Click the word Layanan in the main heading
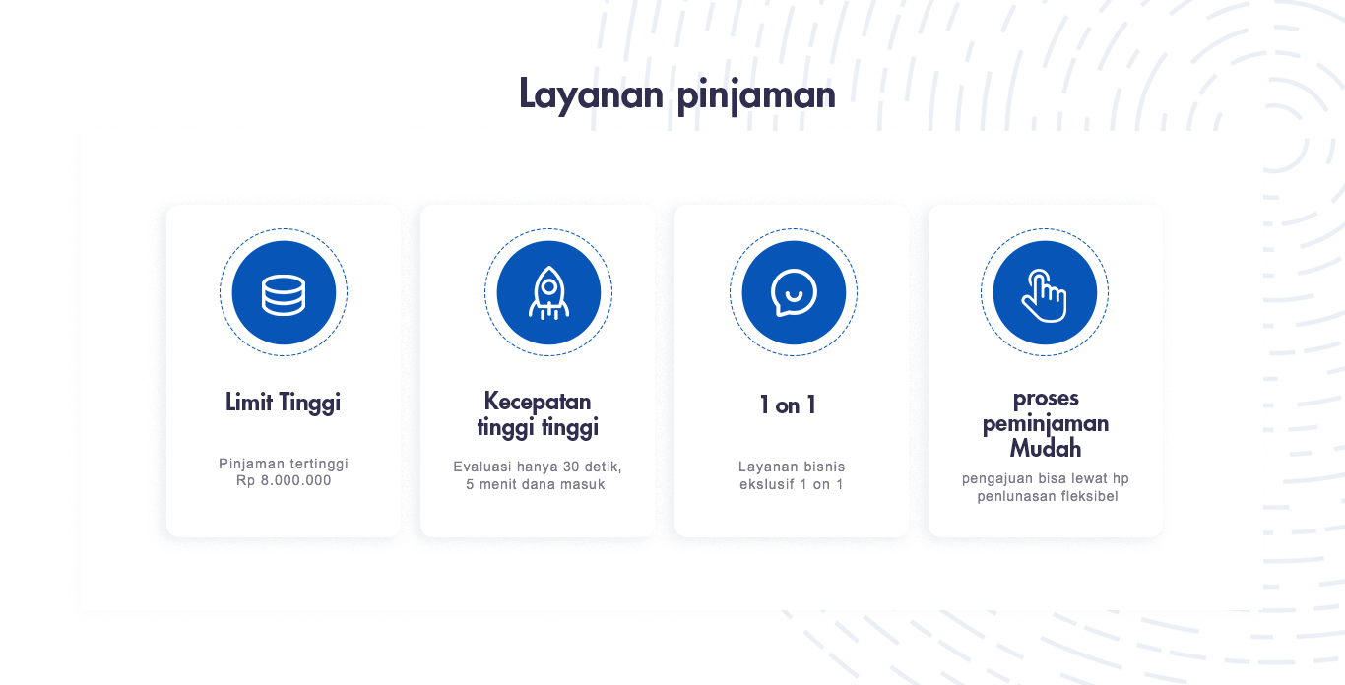(591, 94)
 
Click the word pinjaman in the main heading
(756, 94)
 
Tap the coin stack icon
(284, 294)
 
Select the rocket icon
(548, 293)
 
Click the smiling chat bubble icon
(794, 292)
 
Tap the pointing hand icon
(1045, 295)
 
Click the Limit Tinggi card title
(283, 403)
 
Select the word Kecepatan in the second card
(538, 401)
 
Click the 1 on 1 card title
(788, 405)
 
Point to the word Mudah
(1046, 449)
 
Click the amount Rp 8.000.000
(284, 481)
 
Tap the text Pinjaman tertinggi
(284, 465)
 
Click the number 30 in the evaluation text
(571, 467)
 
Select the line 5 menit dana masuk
(536, 484)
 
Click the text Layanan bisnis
(792, 467)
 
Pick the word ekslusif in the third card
(766, 484)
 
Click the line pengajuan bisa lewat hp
(1046, 479)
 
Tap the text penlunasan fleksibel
(1048, 496)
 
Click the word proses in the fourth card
(1046, 399)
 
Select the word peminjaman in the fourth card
(1046, 424)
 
